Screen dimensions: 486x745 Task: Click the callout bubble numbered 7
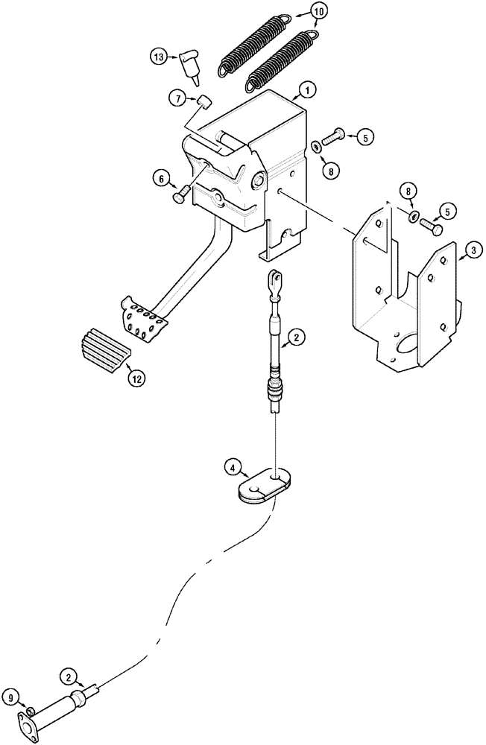click(176, 97)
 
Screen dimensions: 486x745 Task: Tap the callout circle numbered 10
click(318, 13)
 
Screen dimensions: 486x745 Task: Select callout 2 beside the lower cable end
click(69, 677)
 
